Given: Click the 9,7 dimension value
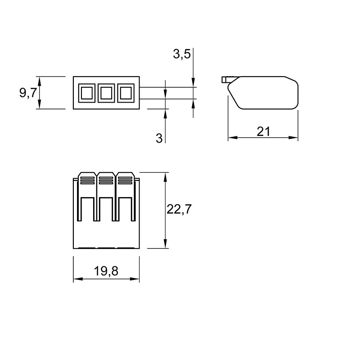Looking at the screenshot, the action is pos(28,93).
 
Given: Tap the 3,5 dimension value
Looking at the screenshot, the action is pos(182,54).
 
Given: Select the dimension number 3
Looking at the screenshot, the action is pos(159,139).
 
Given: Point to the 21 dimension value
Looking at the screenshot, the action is pos(263,131).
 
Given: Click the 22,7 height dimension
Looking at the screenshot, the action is pos(179,209).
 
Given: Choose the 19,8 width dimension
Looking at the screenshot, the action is pos(106,271).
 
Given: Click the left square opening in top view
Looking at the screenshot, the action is pos(87,93).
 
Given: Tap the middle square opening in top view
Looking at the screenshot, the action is pos(106,93).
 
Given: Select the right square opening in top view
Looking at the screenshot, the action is pos(126,93).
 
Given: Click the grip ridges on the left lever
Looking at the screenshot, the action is pos(87,180).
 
